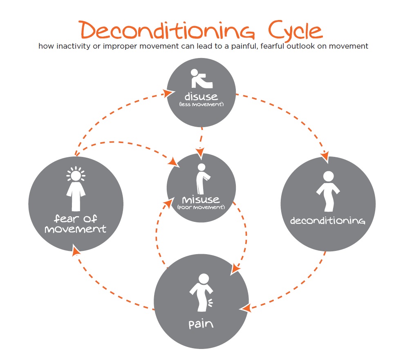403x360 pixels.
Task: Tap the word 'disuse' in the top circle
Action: pyautogui.click(x=201, y=96)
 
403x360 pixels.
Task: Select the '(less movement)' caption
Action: pyautogui.click(x=201, y=104)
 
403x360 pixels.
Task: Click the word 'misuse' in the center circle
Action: pyautogui.click(x=201, y=199)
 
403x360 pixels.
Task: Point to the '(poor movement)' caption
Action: pyautogui.click(x=201, y=207)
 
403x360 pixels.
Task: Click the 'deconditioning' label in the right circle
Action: pyautogui.click(x=328, y=221)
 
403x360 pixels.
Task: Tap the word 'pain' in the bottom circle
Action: pyautogui.click(x=201, y=324)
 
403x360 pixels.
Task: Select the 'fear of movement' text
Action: pyautogui.click(x=76, y=224)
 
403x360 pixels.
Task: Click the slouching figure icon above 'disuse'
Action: pyautogui.click(x=201, y=78)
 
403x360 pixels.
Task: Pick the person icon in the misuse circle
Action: pyautogui.click(x=203, y=179)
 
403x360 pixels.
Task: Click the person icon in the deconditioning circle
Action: pyautogui.click(x=328, y=191)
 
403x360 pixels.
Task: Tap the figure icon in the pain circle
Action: pyautogui.click(x=201, y=293)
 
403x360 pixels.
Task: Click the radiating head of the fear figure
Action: pyautogui.click(x=76, y=174)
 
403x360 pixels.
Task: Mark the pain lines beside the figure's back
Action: pyautogui.click(x=210, y=303)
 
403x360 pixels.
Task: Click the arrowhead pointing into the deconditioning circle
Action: pyautogui.click(x=325, y=156)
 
